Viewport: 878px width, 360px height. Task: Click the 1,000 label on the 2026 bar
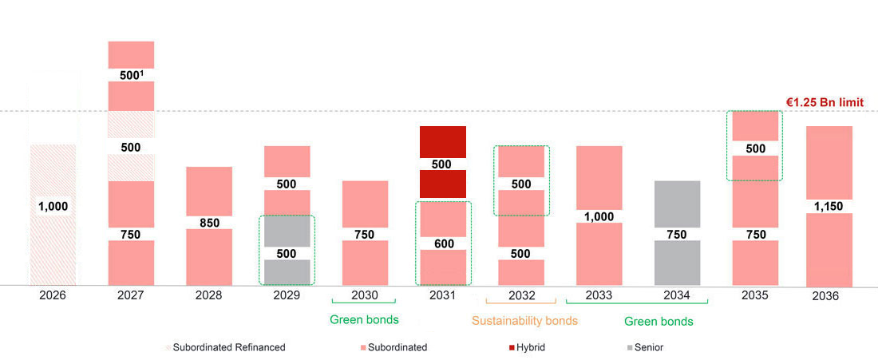click(53, 206)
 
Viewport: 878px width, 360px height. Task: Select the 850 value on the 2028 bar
click(208, 223)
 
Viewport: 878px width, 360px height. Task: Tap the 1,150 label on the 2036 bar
click(829, 206)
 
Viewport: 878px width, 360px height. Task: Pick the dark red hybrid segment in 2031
click(442, 144)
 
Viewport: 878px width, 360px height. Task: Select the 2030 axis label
click(364, 295)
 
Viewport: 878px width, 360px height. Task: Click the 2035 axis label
click(754, 295)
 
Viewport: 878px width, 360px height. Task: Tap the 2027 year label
click(130, 295)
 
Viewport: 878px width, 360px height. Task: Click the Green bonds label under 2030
click(364, 320)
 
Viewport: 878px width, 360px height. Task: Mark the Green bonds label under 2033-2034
click(658, 321)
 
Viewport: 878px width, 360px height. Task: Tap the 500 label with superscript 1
click(131, 74)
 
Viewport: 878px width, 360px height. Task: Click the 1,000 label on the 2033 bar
click(599, 216)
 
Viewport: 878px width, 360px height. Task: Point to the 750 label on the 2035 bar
click(754, 235)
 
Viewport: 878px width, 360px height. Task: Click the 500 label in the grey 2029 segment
click(287, 253)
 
